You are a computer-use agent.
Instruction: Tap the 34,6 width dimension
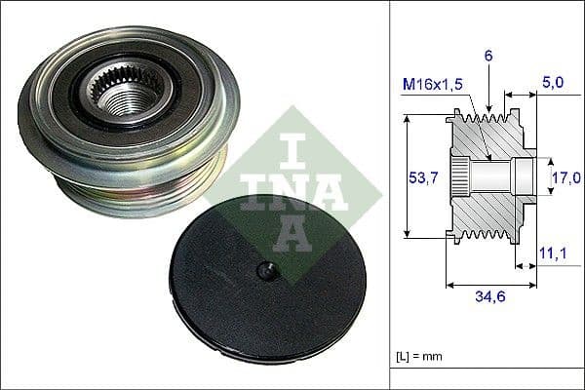click(490, 299)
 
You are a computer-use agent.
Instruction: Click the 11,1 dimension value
click(552, 254)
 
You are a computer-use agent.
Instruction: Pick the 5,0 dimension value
click(553, 84)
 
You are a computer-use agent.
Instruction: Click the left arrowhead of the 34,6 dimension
click(449, 285)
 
